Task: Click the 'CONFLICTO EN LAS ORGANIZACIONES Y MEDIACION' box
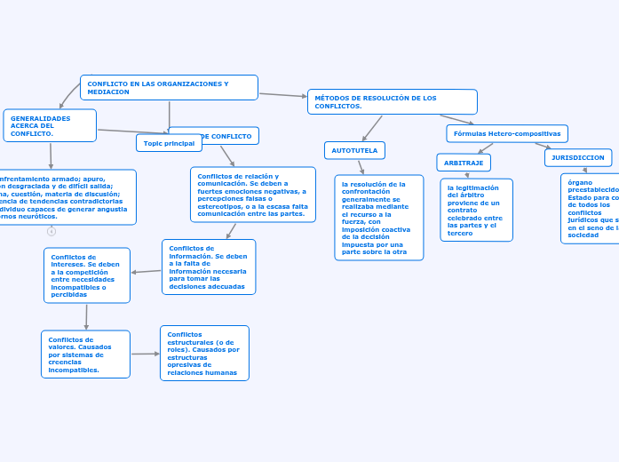(x=169, y=87)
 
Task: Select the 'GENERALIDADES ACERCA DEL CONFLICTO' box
(x=50, y=125)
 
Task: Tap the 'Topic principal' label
(x=169, y=143)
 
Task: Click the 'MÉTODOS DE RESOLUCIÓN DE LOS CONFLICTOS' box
(x=392, y=101)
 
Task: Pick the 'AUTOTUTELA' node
(x=354, y=151)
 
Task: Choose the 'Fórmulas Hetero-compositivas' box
(x=506, y=133)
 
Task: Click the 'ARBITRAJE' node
(x=464, y=163)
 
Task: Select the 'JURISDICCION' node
(x=577, y=157)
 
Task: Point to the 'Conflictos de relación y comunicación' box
(x=252, y=195)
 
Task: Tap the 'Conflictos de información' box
(x=209, y=267)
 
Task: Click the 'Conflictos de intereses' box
(x=86, y=275)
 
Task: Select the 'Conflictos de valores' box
(x=85, y=354)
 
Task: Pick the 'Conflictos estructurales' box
(x=204, y=353)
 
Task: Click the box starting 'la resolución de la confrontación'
(x=378, y=218)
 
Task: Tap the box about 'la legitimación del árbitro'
(x=476, y=210)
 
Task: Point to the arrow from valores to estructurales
(x=145, y=354)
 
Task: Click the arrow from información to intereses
(x=146, y=271)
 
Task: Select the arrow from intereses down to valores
(x=86, y=317)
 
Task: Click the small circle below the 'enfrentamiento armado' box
(x=52, y=231)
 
